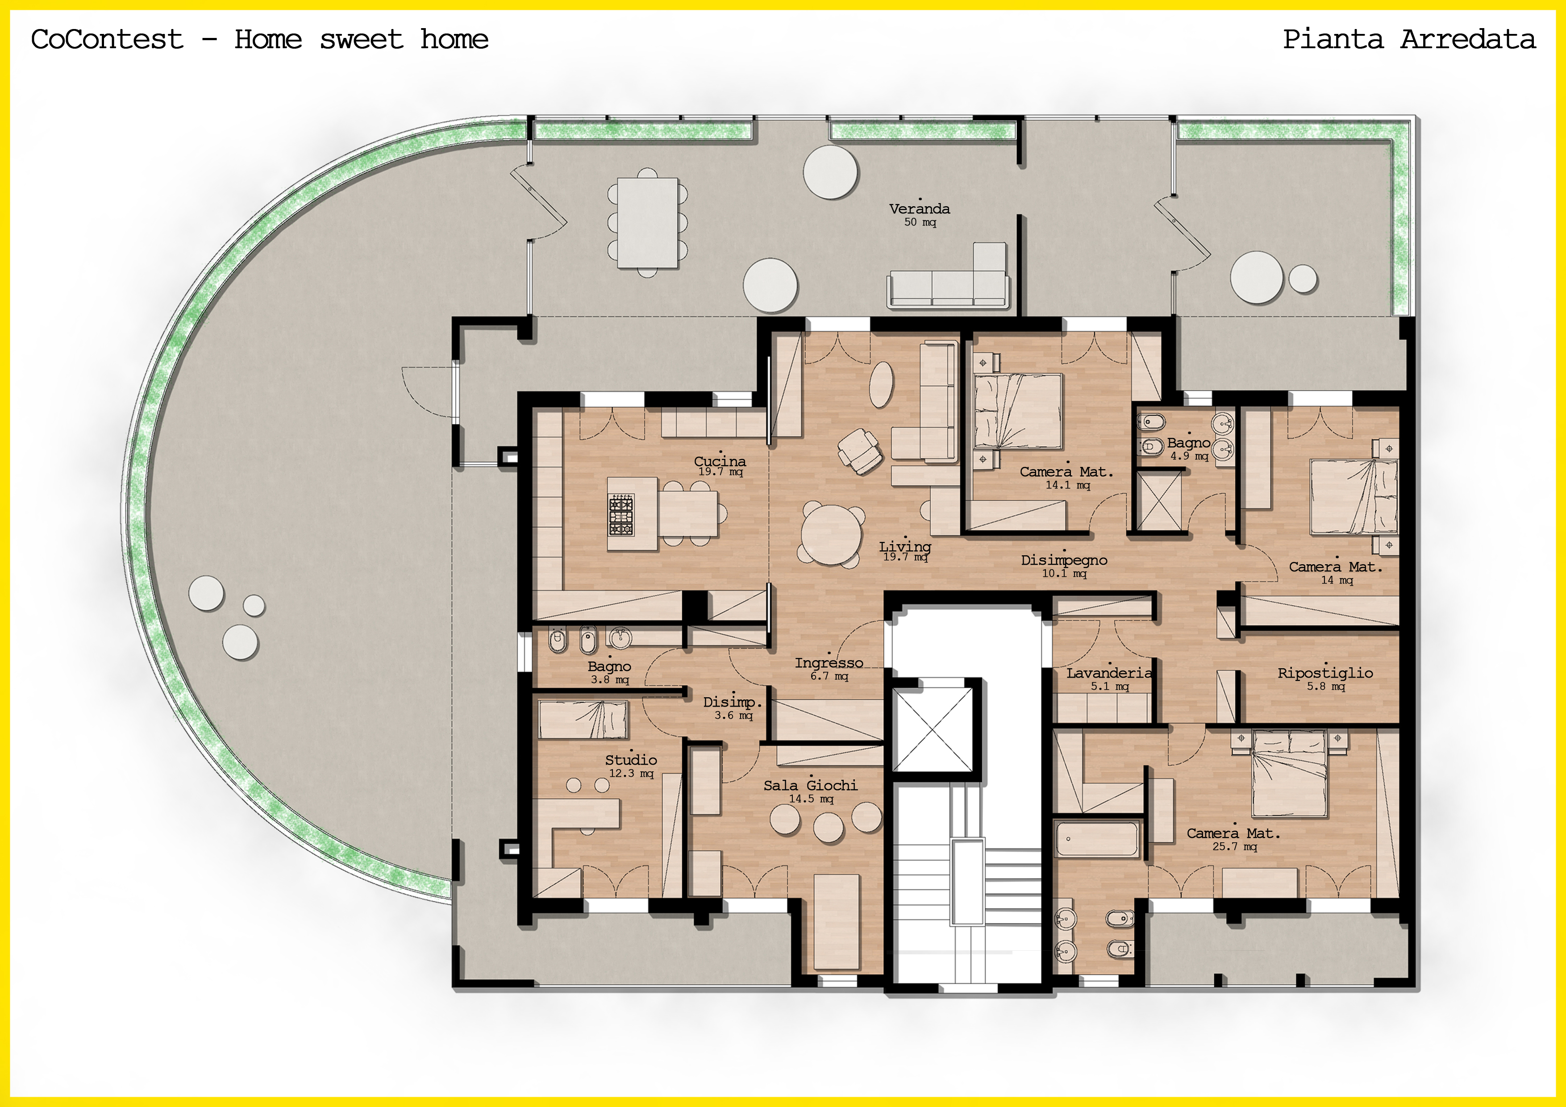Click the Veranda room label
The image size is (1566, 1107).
(920, 209)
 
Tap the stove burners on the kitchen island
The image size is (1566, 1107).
(621, 515)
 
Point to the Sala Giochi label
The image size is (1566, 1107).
(810, 786)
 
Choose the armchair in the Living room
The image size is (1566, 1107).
(860, 451)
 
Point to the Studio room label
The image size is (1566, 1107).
(631, 760)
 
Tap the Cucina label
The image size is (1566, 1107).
(720, 462)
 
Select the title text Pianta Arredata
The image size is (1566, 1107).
(1409, 40)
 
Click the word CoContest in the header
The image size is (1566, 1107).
(107, 40)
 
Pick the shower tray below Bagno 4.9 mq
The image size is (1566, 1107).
(1159, 501)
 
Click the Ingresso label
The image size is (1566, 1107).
(829, 663)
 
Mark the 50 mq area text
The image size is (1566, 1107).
(920, 222)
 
